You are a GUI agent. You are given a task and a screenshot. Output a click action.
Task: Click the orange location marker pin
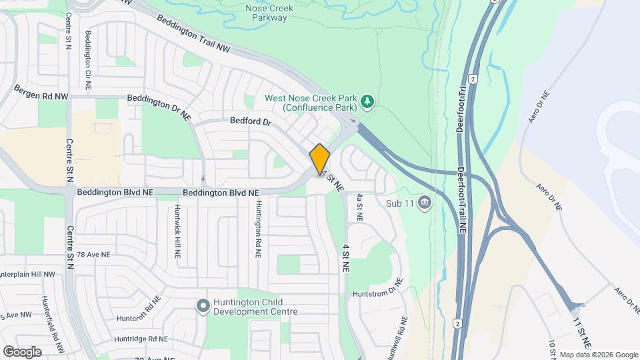pyautogui.click(x=320, y=159)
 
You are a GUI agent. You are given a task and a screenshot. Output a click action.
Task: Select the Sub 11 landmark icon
pyautogui.click(x=424, y=203)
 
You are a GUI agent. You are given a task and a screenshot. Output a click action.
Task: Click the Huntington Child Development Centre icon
pyautogui.click(x=203, y=305)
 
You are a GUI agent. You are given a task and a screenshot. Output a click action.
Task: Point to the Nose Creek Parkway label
pyautogui.click(x=266, y=13)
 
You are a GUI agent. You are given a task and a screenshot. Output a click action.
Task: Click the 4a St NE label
pyautogui.click(x=359, y=207)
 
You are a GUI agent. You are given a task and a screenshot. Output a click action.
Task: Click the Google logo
pyautogui.click(x=22, y=351)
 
